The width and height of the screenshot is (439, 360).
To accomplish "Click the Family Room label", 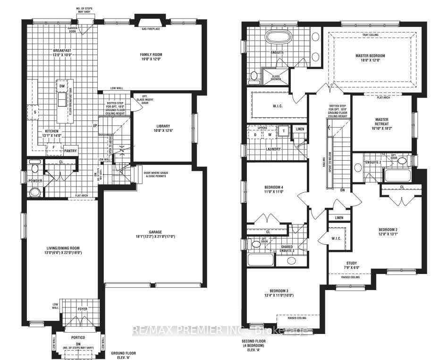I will pos(150,54).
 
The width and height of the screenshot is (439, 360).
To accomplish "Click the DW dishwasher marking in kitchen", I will pos(62,86).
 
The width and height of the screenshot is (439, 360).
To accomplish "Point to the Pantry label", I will pos(71,151).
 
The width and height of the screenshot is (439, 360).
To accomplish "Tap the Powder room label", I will pos(35,180).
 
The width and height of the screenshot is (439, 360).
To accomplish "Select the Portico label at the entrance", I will pos(78,338).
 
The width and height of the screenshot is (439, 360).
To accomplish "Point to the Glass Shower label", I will pos(275,78).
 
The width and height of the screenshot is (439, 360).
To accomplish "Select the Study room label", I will pos(351,263).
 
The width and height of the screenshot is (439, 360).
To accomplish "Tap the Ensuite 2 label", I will pos(373,163).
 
